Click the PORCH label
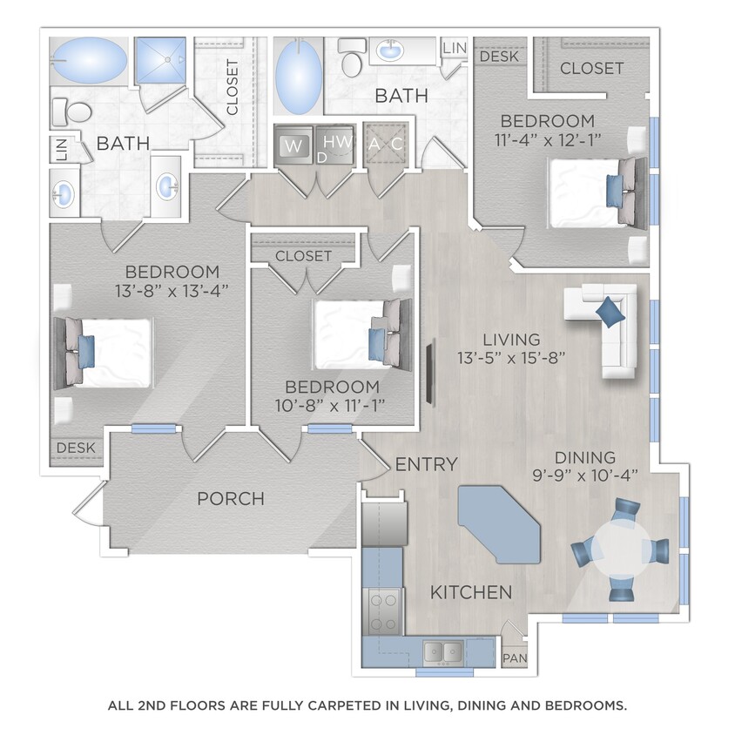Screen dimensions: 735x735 pyautogui.click(x=231, y=499)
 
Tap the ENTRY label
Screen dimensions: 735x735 pyautogui.click(x=426, y=464)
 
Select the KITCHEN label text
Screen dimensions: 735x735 pyautogui.click(x=471, y=593)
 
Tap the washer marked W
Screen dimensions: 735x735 pyautogui.click(x=293, y=145)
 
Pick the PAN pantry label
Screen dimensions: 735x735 pyautogui.click(x=513, y=660)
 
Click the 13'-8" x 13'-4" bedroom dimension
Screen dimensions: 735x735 pyautogui.click(x=171, y=291)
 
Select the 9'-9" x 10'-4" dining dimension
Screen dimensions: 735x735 pyautogui.click(x=584, y=475)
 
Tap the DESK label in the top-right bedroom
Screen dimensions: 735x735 pyautogui.click(x=499, y=57)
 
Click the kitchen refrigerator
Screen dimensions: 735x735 pyautogui.click(x=383, y=523)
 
